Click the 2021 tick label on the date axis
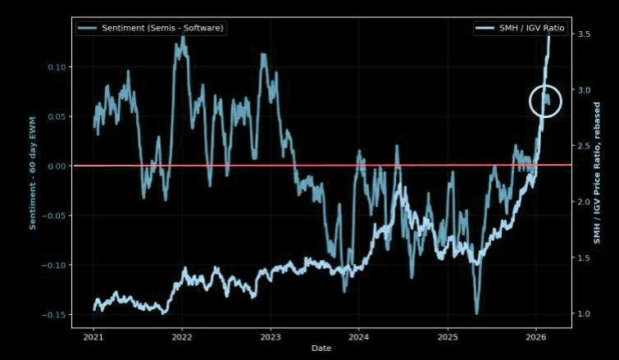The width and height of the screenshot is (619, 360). [x=93, y=336]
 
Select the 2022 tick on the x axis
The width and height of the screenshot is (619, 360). [x=182, y=336]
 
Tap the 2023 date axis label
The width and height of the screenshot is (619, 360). [x=271, y=336]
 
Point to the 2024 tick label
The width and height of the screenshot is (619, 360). [x=359, y=336]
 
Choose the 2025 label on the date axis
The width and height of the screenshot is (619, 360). [x=448, y=336]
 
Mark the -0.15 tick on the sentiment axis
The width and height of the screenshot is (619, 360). [x=55, y=315]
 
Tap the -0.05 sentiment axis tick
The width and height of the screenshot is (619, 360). [x=55, y=216]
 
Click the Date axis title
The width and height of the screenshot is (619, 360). [x=321, y=349]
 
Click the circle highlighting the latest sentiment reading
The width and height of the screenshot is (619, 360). [x=546, y=100]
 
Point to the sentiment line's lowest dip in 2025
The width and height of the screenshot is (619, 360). [x=476, y=312]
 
